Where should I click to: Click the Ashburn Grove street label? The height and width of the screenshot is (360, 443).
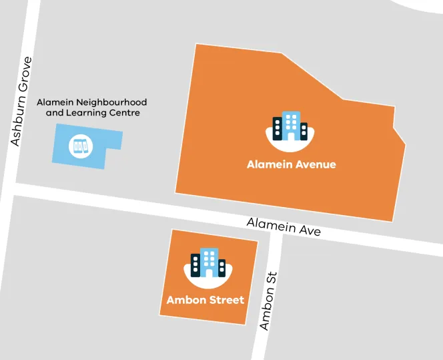click(x=21, y=102)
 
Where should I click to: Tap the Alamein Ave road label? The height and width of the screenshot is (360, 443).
click(x=284, y=226)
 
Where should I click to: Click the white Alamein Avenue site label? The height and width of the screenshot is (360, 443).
click(x=291, y=164)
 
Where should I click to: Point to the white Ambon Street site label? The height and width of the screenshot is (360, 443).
click(x=205, y=300)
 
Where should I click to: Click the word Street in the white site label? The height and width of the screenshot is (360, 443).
click(x=227, y=300)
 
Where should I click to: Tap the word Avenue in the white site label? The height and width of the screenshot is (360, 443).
click(x=314, y=164)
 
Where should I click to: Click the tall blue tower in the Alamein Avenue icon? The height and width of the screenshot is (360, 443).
click(x=290, y=126)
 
